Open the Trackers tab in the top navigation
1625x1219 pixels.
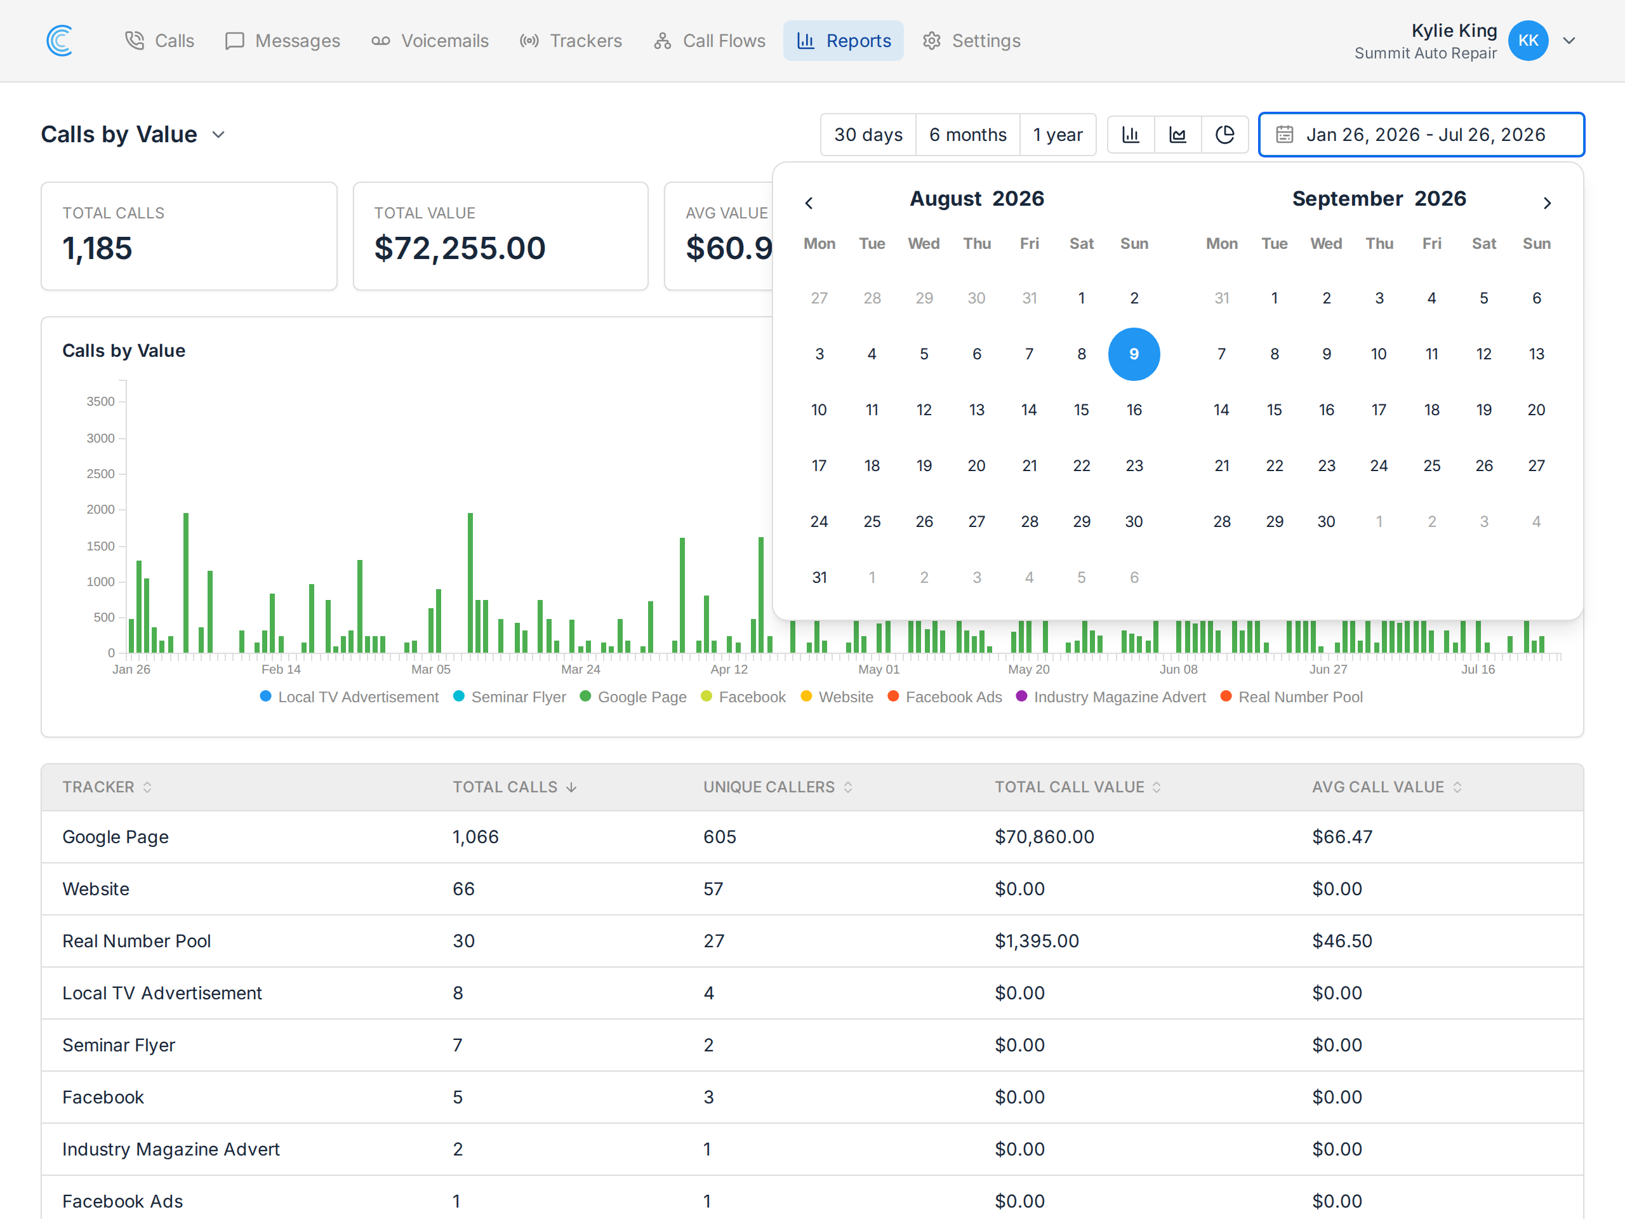[x=571, y=41]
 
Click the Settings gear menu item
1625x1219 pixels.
[x=971, y=41]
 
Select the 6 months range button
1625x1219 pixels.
[x=967, y=135]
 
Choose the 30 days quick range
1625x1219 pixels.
[x=868, y=135]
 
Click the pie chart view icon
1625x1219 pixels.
[x=1224, y=135]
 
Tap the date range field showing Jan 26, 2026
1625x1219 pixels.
[x=1421, y=135]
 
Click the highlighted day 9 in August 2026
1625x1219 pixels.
[x=1134, y=354]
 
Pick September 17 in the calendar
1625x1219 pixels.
[x=1379, y=410]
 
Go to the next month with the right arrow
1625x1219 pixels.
[x=1546, y=203]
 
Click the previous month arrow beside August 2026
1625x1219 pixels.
[x=809, y=203]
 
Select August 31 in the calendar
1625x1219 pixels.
[x=819, y=578]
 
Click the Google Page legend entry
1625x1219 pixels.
[x=633, y=696]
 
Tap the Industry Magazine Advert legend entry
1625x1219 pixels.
[x=1111, y=696]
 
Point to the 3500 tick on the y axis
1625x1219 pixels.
[x=101, y=402]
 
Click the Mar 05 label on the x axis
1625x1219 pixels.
[x=430, y=669]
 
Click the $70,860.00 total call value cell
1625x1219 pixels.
[x=1044, y=837]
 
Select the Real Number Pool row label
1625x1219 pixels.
[x=136, y=942]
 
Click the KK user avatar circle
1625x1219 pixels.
[x=1528, y=41]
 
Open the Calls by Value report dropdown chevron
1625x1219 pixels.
[x=218, y=135]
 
